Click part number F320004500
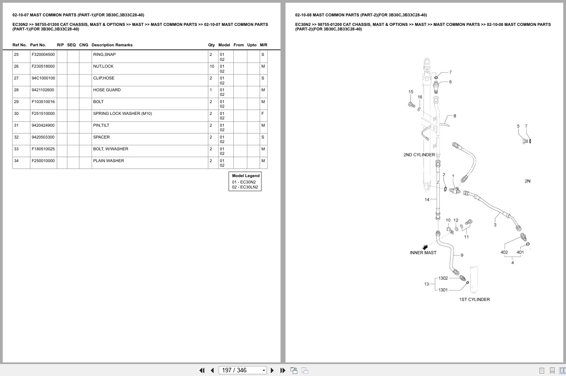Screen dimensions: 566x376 click(x=43, y=54)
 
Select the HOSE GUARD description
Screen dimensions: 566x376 click(x=107, y=90)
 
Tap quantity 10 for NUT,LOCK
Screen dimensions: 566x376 click(x=212, y=66)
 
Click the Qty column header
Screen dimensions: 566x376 click(x=211, y=45)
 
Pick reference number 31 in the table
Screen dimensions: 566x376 click(x=16, y=125)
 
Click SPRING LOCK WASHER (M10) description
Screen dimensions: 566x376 click(x=123, y=114)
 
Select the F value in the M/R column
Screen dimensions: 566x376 click(x=262, y=114)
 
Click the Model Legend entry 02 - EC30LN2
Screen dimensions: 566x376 click(x=245, y=187)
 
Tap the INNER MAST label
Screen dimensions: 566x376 click(x=423, y=252)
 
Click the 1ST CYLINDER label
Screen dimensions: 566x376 click(x=474, y=299)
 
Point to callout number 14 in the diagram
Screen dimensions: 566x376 click(x=427, y=199)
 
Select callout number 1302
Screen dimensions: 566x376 click(x=443, y=278)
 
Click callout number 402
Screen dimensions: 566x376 click(x=504, y=252)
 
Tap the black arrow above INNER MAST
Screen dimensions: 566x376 click(x=425, y=247)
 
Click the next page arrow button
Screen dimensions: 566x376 click(x=272, y=371)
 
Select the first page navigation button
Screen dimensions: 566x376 click(x=202, y=371)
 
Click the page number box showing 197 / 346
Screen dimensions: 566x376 click(x=242, y=371)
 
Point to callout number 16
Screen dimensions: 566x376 click(x=420, y=97)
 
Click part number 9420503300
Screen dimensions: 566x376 click(x=43, y=137)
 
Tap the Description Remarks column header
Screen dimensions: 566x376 click(x=112, y=45)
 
